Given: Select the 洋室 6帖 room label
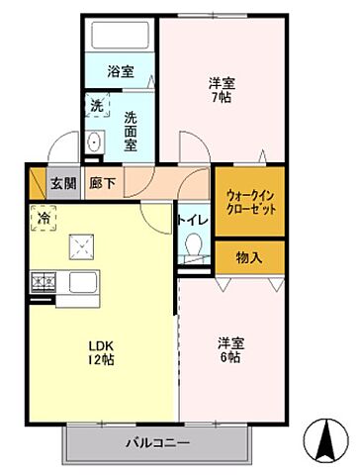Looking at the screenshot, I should pos(232,350).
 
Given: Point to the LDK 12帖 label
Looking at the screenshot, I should pos(102,352).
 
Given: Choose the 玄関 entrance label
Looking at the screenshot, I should pos(62,182).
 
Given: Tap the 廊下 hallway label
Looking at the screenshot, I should pos(101,182).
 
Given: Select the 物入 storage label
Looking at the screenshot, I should pos(249,257).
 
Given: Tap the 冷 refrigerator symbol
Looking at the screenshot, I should pos(45,217).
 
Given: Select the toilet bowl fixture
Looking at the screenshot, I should pos(193,245).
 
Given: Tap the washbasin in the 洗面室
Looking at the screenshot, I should pos(95,142).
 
